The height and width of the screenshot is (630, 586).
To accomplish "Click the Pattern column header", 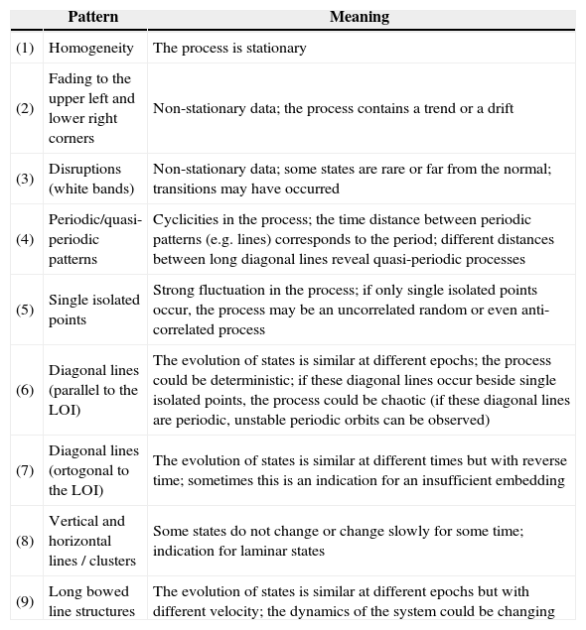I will (92, 17).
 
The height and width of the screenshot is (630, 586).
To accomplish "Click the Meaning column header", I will (359, 17).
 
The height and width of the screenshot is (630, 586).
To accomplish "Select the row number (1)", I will (25, 48).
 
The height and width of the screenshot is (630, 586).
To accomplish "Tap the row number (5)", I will (25, 310).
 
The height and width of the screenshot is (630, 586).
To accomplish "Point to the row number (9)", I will (25, 601).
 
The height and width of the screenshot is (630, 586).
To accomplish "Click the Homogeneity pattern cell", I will (91, 48).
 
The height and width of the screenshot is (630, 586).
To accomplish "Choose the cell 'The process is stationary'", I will (229, 48).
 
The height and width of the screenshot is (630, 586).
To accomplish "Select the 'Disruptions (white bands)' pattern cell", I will (91, 180).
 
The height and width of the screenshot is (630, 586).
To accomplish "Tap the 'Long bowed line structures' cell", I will (93, 601).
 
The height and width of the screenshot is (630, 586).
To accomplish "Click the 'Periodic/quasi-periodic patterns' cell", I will (95, 239).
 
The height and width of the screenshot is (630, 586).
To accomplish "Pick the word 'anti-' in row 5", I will (532, 310).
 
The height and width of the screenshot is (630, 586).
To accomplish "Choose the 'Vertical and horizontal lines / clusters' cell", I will (91, 541).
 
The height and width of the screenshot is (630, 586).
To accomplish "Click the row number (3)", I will (25, 180).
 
